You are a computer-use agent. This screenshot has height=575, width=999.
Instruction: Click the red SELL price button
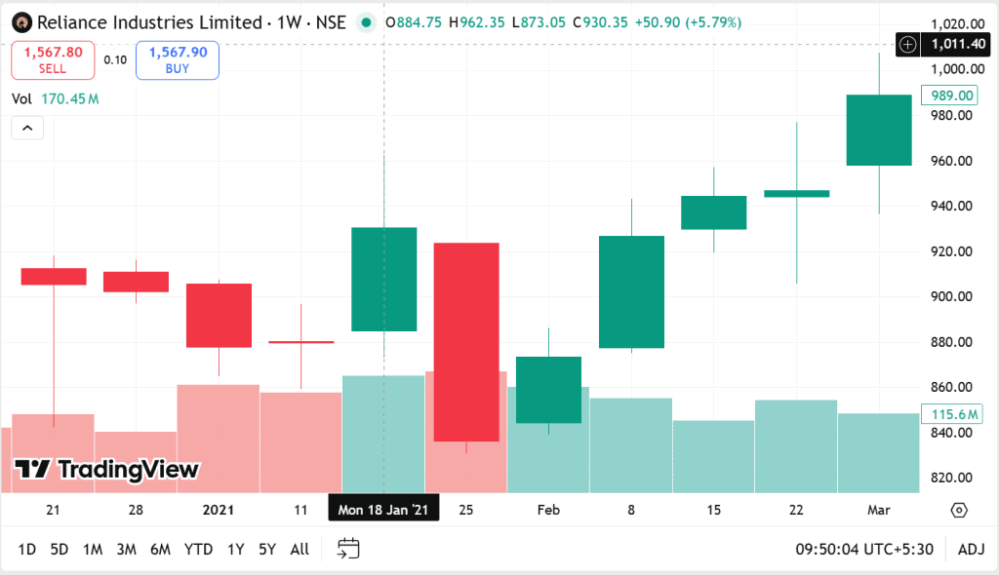point(53,59)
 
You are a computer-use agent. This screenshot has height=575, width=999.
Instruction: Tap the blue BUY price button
point(178,59)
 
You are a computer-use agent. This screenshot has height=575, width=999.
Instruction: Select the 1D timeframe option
point(26,550)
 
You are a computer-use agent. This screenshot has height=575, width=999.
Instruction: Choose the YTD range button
point(198,550)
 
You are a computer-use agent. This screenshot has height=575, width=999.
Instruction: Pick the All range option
point(300,550)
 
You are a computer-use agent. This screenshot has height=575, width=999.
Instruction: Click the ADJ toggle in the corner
point(972,550)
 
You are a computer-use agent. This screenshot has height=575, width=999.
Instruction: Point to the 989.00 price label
point(952,96)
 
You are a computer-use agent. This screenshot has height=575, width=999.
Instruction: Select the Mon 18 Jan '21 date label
point(383,510)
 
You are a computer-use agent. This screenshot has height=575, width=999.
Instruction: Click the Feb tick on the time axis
point(548,510)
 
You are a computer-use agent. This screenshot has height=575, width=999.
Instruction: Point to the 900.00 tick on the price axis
point(952,296)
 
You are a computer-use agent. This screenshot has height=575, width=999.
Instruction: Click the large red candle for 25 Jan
point(466,341)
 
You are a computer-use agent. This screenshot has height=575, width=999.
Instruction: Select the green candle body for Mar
point(878,130)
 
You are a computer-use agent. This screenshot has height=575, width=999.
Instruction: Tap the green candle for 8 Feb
point(631,291)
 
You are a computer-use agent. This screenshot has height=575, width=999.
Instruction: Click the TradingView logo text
point(107,470)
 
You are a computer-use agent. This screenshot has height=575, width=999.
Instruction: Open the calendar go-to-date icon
point(348,550)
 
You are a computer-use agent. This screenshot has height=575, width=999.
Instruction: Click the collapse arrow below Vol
point(27,128)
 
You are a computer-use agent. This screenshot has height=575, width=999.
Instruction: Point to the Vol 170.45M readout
point(56,99)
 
